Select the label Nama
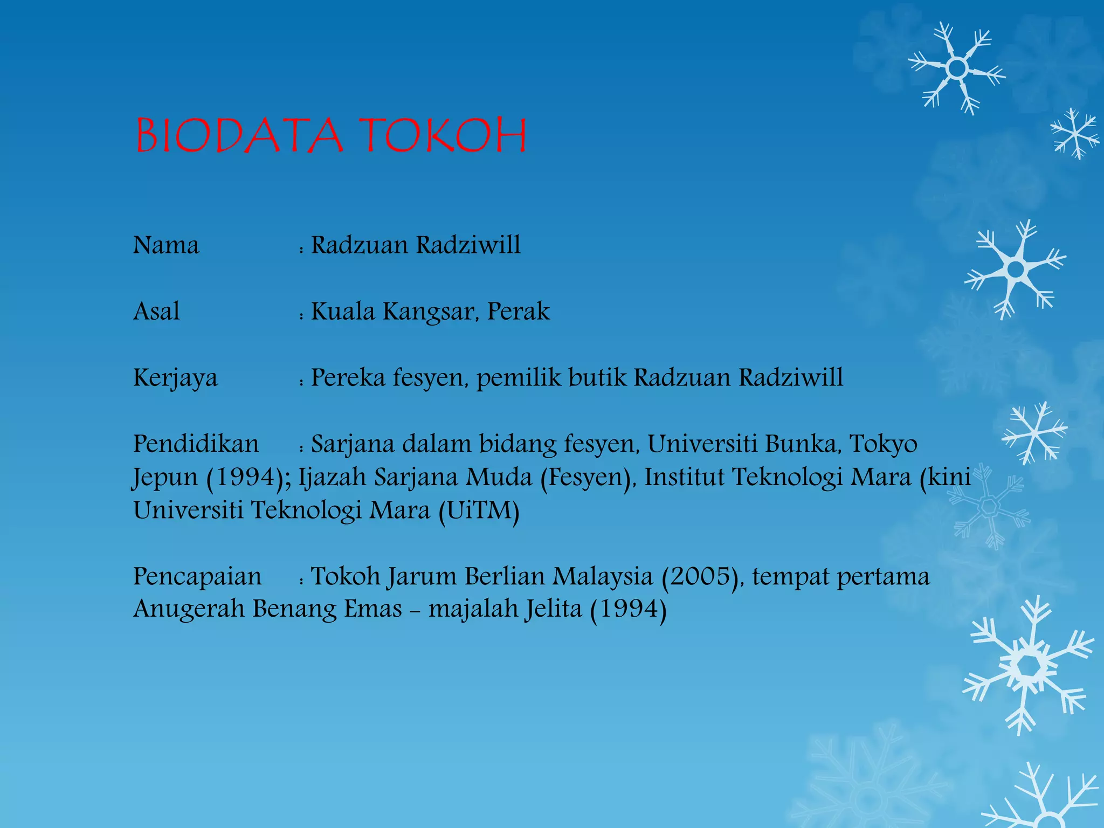[x=166, y=246]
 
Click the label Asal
[x=156, y=312]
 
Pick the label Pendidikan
[x=196, y=444]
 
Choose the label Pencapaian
[x=197, y=576]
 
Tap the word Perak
[x=519, y=312]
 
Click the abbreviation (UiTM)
[x=479, y=510]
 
